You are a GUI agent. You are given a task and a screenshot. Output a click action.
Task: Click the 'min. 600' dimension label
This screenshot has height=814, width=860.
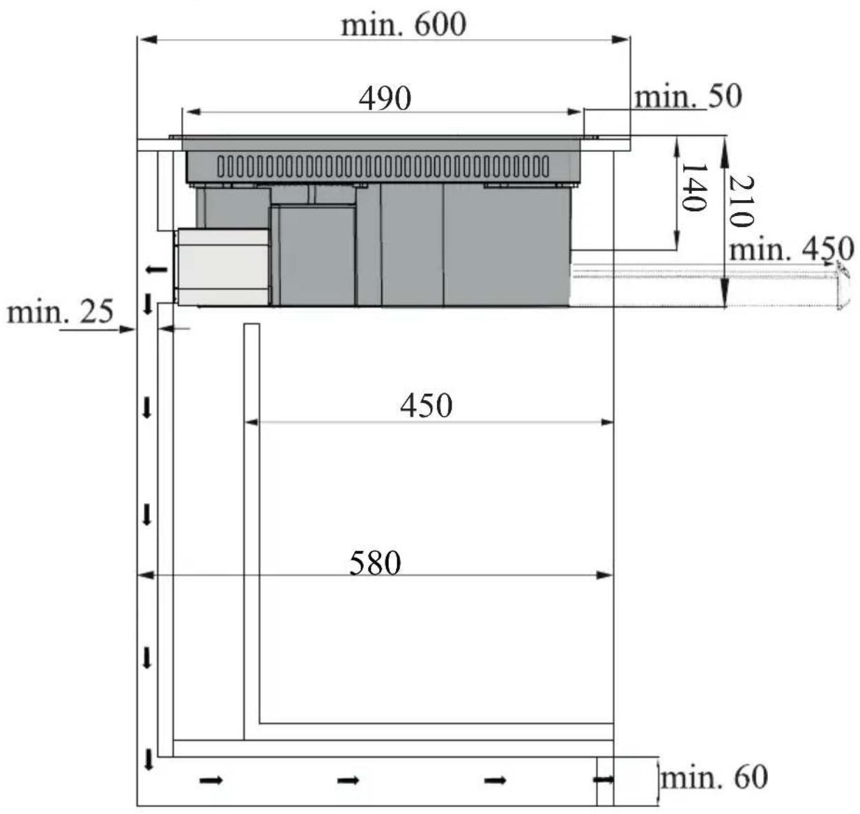click(x=403, y=25)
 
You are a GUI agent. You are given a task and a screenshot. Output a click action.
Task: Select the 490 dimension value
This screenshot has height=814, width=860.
click(x=385, y=98)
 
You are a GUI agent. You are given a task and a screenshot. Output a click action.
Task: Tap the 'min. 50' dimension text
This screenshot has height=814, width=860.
click(x=688, y=97)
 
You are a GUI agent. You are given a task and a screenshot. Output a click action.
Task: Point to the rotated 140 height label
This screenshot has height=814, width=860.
click(x=693, y=187)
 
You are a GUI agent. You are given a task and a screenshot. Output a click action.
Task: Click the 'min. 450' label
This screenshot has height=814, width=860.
click(x=791, y=249)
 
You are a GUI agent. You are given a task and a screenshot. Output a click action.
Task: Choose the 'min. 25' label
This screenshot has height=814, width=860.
click(x=61, y=312)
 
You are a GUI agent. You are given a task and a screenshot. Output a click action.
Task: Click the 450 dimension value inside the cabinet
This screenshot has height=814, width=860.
click(x=426, y=406)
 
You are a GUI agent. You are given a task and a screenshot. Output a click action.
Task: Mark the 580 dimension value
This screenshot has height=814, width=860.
click(x=375, y=563)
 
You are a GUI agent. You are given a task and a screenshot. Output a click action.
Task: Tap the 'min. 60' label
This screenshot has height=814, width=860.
click(x=714, y=776)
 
